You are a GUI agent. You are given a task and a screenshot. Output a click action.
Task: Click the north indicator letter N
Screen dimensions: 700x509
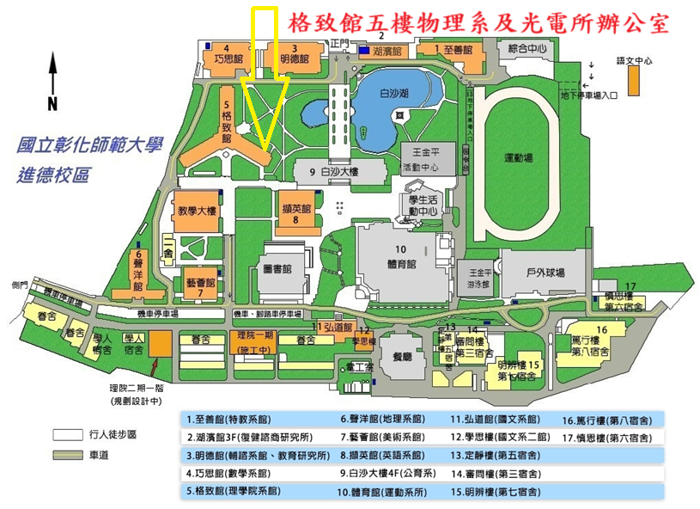coord(52,104)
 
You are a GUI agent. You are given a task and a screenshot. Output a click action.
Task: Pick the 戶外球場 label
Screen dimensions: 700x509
coord(545,273)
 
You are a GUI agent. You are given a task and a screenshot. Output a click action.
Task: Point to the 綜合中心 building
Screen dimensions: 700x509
coord(527,49)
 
